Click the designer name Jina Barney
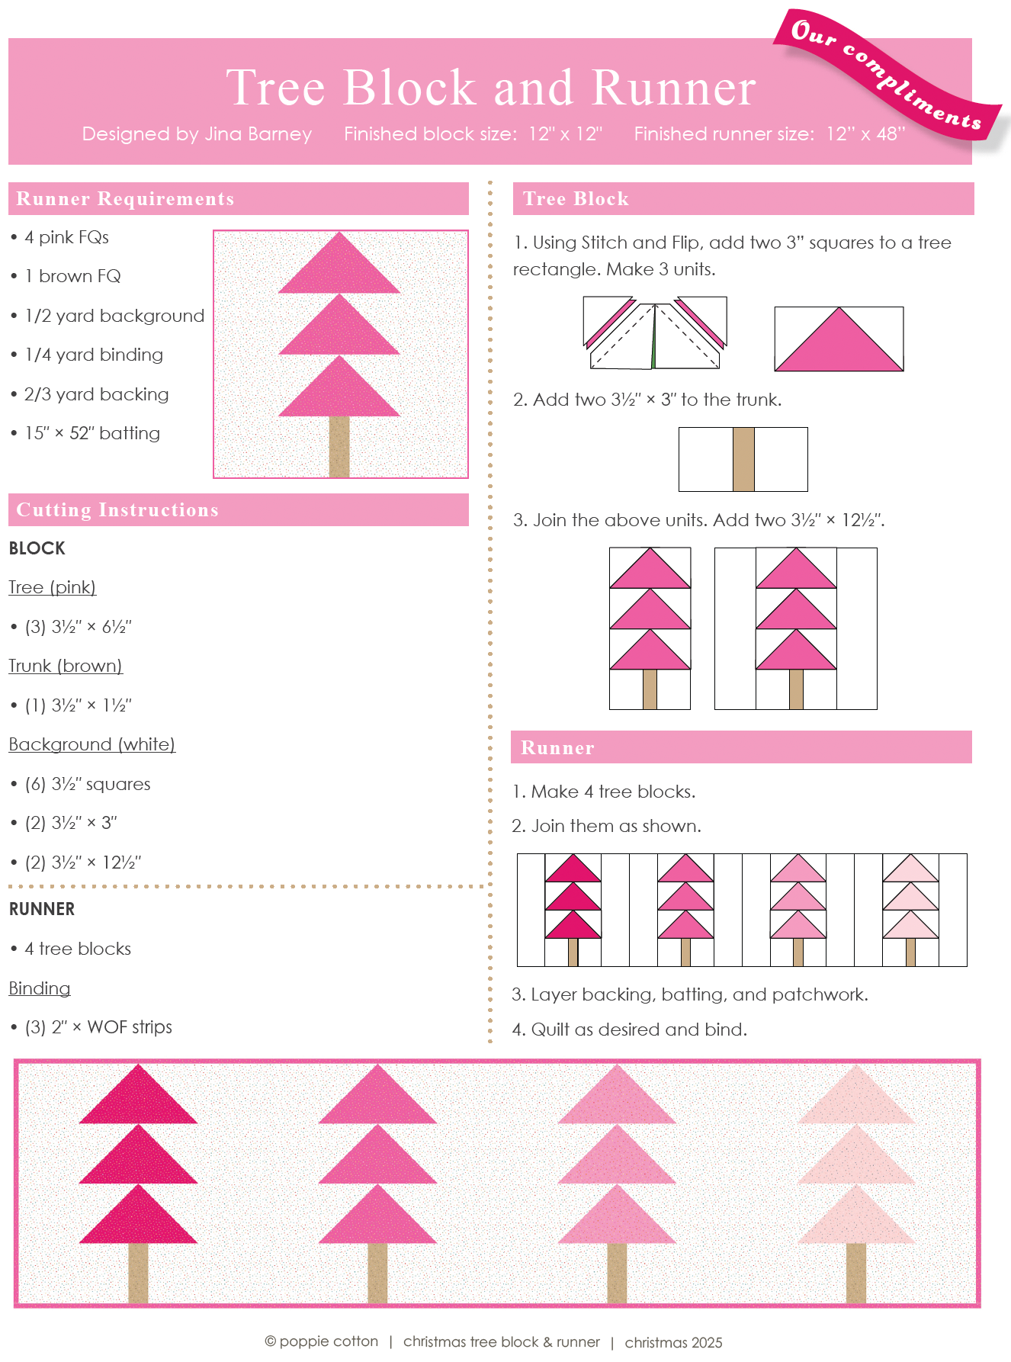(x=258, y=134)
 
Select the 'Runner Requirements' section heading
(x=125, y=199)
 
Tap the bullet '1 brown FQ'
(x=72, y=276)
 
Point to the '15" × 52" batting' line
(x=92, y=433)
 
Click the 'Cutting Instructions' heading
(x=117, y=510)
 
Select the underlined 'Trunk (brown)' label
(x=66, y=666)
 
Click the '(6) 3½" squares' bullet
(x=88, y=784)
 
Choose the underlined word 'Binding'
(x=40, y=988)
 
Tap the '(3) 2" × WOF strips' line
(x=98, y=1027)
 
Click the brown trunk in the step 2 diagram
(x=743, y=459)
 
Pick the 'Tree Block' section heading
(x=576, y=199)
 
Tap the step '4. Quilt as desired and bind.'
(x=629, y=1030)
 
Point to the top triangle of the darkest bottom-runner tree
(x=138, y=1098)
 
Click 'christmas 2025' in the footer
(x=673, y=1342)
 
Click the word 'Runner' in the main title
(x=673, y=88)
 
